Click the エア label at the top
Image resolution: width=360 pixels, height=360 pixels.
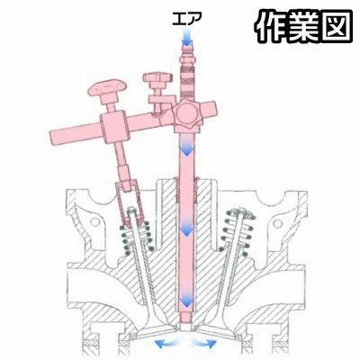[x=185, y=19]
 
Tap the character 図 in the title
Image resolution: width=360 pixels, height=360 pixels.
[x=336, y=25]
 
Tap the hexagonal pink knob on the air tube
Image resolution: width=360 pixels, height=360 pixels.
[x=187, y=114]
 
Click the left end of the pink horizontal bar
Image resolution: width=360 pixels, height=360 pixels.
[x=51, y=138]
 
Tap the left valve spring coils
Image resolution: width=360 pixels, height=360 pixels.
[x=137, y=238]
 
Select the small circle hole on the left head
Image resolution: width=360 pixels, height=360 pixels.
[x=95, y=222]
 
